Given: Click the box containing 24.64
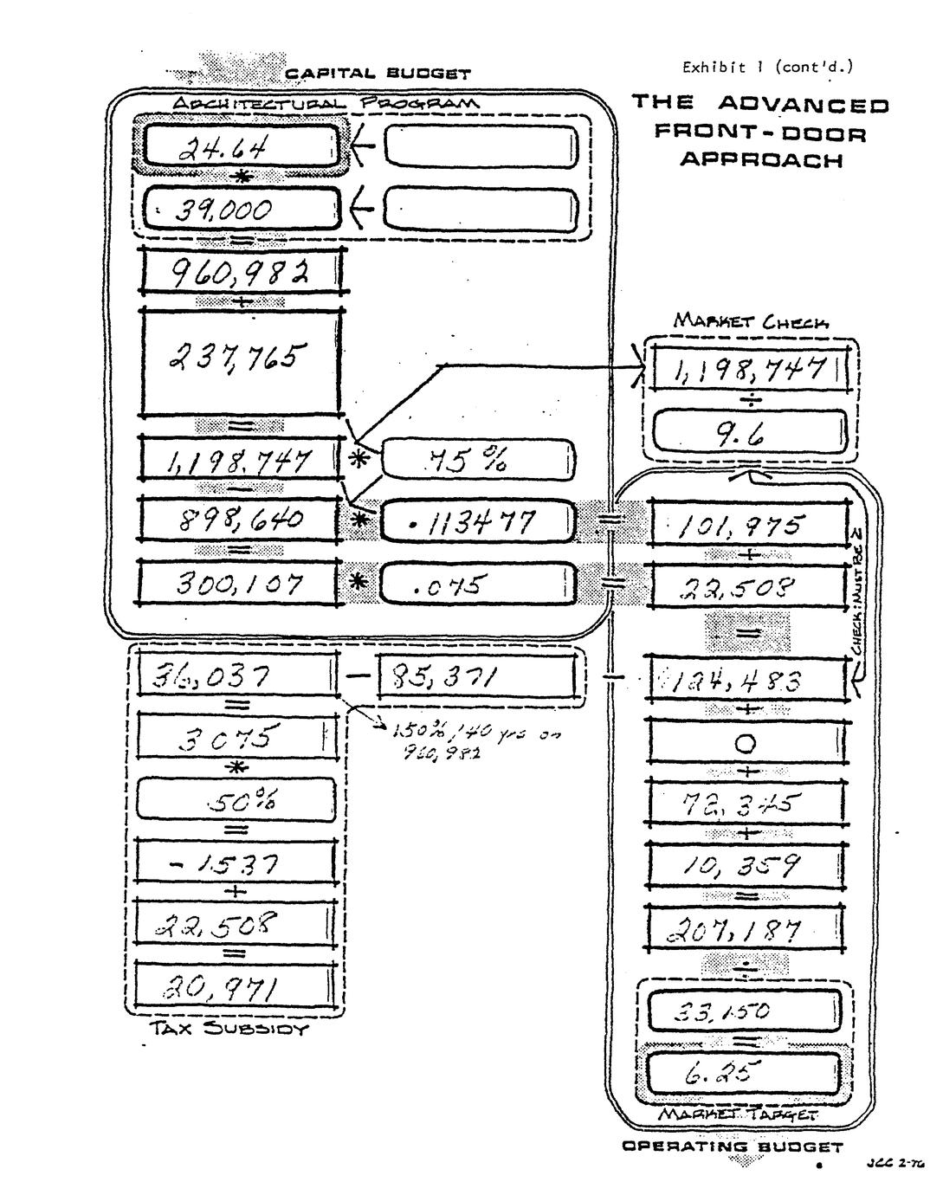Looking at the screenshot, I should coord(240,145).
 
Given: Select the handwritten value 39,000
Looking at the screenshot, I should coord(240,209).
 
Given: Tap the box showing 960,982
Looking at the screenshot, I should coord(240,273).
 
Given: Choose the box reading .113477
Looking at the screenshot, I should coord(477,521).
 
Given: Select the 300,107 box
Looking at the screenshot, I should coord(240,585).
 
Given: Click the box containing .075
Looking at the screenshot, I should coord(477,585).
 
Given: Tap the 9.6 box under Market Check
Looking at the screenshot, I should coord(749,433).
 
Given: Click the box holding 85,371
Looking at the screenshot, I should coord(477,676).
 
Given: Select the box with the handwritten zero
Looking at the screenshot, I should coord(746,743).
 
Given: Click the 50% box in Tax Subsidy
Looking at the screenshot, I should coord(236,800).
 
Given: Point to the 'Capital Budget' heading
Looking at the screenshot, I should coord(378,74).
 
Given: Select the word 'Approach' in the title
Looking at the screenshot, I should coord(760,161).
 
